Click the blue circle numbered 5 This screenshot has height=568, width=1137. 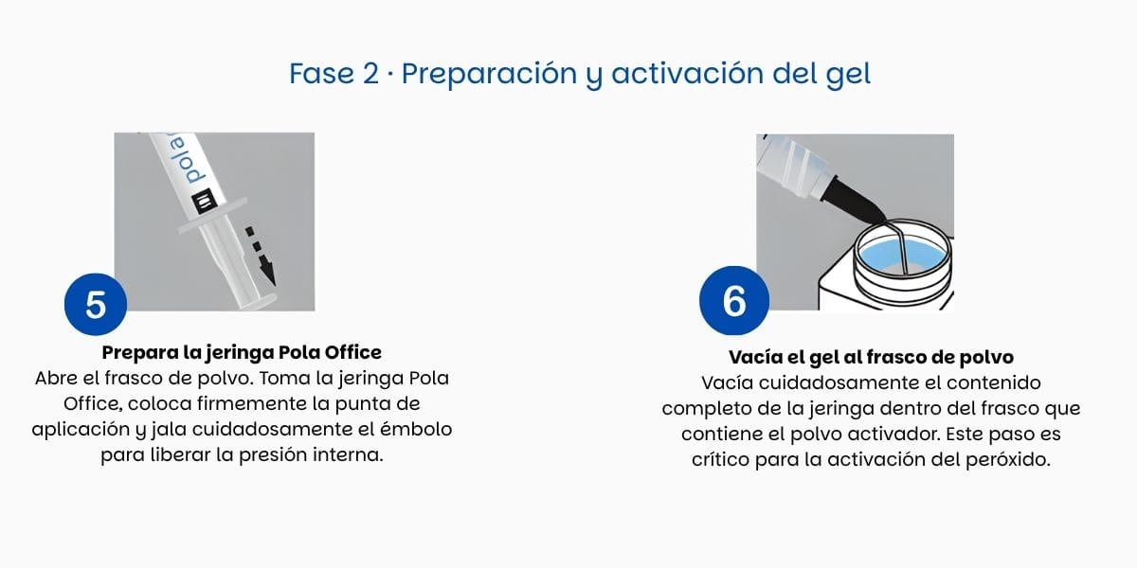(x=96, y=304)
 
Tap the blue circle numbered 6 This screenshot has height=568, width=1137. (x=734, y=300)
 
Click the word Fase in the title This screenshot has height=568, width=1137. (x=322, y=74)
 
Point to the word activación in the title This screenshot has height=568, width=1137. (x=687, y=74)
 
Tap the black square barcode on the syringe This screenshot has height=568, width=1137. (x=205, y=201)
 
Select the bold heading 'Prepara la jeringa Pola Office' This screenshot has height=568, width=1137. (x=242, y=352)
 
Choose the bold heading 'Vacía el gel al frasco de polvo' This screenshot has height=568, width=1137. (x=871, y=357)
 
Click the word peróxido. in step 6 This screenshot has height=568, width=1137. (x=1007, y=459)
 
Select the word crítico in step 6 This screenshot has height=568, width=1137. (x=720, y=459)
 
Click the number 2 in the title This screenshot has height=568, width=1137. (x=370, y=74)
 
